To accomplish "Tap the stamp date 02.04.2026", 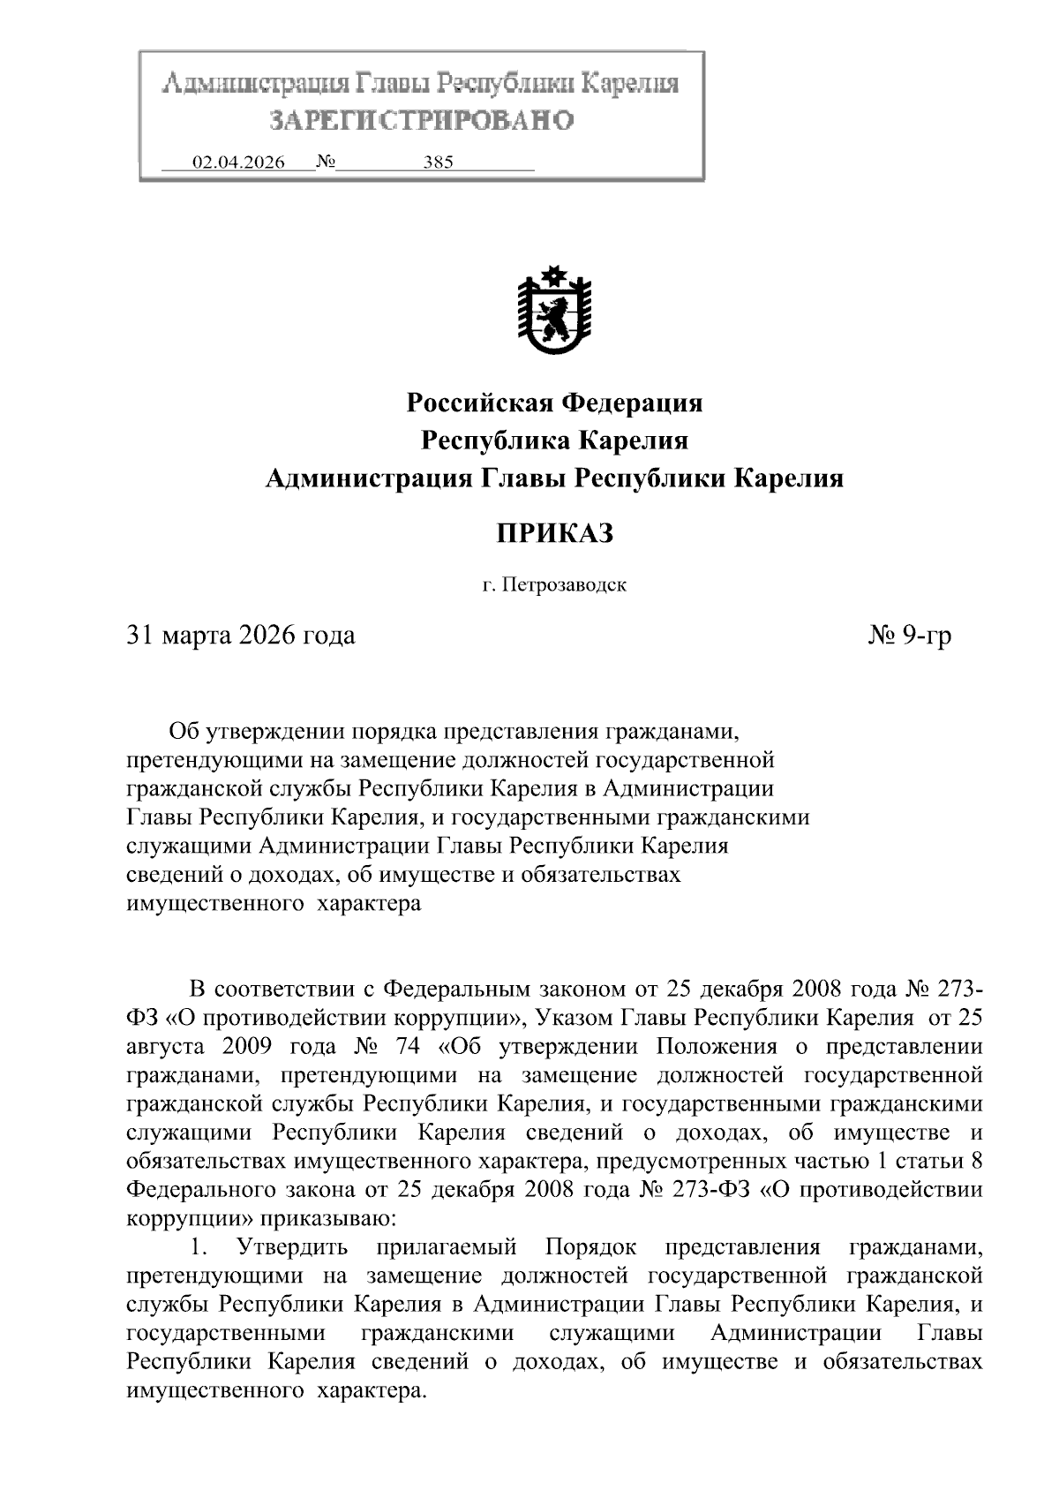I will tap(238, 162).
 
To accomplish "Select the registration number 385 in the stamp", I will tap(438, 162).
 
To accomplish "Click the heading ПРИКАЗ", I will tap(554, 533).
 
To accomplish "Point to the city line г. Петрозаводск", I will tap(554, 585).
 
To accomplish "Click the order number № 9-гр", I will tap(910, 635).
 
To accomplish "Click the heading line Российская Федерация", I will tap(554, 403).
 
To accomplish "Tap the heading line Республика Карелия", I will tap(554, 440).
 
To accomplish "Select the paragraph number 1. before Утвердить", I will tap(199, 1247).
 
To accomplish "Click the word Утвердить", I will tap(292, 1247).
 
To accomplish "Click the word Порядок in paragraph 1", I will tap(590, 1247).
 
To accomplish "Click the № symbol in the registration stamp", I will tap(323, 162).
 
